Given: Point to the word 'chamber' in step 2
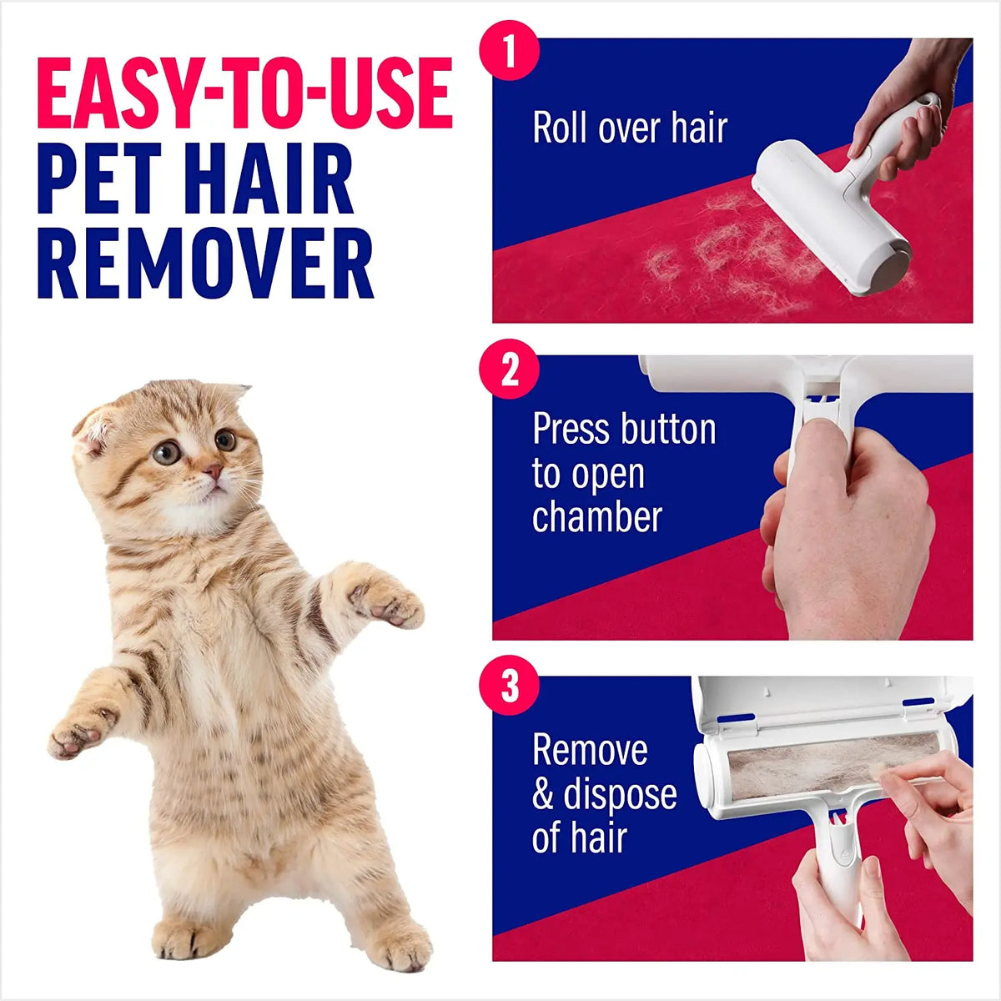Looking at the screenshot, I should coord(596,516).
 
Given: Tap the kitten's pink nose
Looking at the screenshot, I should coord(215,472).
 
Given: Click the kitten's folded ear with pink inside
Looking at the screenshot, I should coord(93,427).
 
